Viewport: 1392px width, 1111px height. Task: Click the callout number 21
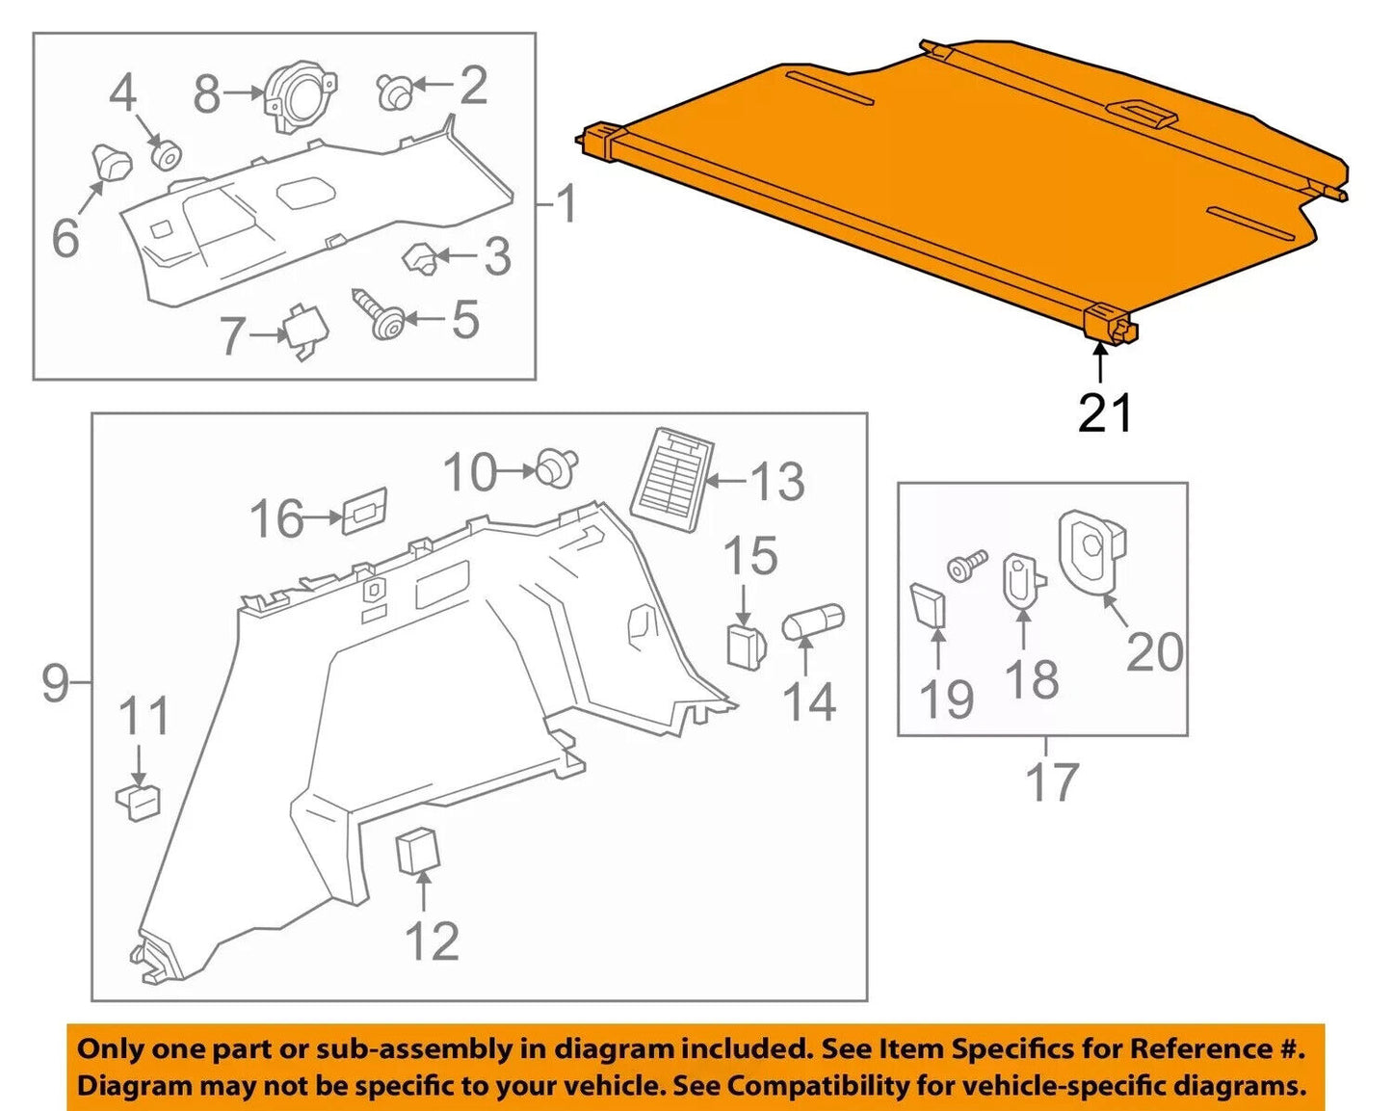point(1105,413)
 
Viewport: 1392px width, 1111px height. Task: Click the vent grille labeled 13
point(672,481)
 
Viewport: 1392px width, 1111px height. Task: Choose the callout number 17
point(1052,782)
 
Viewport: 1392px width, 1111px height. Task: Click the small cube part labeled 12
point(418,849)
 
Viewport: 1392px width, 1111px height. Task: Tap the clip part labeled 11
point(139,800)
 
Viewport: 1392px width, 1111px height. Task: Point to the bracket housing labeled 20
point(1092,554)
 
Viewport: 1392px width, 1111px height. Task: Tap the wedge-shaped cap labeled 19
point(929,604)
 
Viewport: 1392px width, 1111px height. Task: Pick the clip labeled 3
point(419,257)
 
